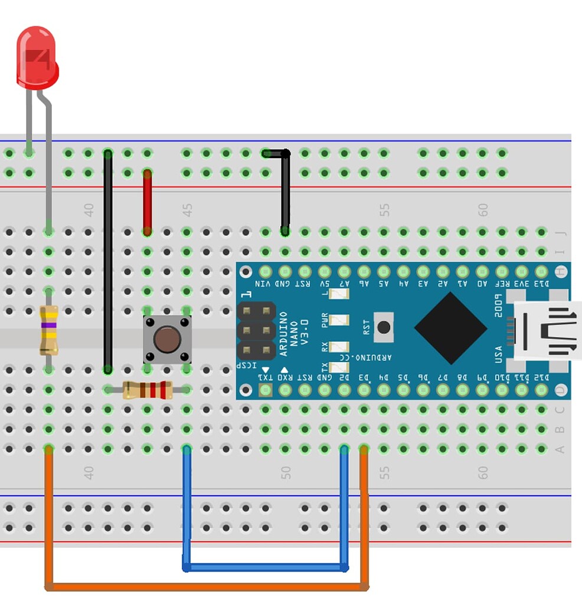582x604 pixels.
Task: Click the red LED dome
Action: (37, 57)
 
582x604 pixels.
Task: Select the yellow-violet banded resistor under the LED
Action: (48, 330)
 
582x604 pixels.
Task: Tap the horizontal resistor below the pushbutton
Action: (148, 390)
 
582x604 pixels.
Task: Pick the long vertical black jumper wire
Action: (108, 260)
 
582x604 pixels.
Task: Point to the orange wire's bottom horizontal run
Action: (207, 587)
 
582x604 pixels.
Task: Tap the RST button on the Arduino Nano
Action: (384, 328)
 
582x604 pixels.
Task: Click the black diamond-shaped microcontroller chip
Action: (452, 329)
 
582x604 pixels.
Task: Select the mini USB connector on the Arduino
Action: (546, 330)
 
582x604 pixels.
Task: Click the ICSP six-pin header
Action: (256, 330)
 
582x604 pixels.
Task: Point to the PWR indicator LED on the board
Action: (339, 320)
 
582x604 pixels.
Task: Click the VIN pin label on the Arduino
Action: (265, 283)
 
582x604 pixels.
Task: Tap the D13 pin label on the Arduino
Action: (541, 283)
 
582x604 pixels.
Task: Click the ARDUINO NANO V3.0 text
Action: (293, 333)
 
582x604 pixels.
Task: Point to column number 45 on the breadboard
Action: (187, 210)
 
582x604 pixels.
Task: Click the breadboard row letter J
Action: (560, 232)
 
